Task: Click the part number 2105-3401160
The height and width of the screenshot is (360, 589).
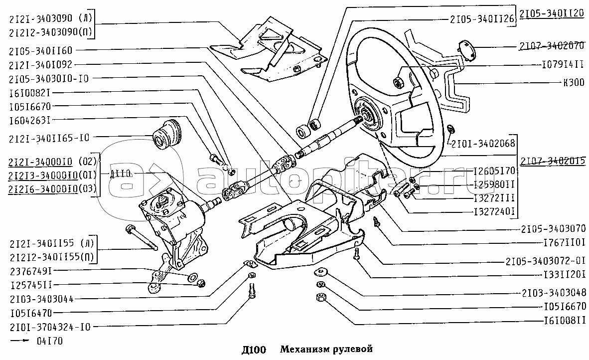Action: [x=40, y=50]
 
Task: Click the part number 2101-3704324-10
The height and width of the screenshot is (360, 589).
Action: [x=49, y=327]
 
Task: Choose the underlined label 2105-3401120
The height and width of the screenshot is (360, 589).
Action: [x=551, y=15]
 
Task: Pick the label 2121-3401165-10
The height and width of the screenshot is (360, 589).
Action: [x=49, y=137]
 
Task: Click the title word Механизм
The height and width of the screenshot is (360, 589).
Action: [x=301, y=349]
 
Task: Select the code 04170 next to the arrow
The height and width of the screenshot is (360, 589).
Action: [x=50, y=341]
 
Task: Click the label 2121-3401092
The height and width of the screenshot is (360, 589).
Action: [x=40, y=64]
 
